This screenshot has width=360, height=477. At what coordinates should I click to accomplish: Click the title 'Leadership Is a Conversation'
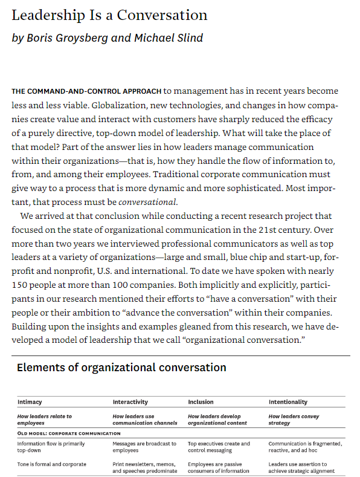pyautogui.click(x=109, y=15)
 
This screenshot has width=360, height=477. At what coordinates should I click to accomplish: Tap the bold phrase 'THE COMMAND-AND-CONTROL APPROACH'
pyautogui.click(x=86, y=91)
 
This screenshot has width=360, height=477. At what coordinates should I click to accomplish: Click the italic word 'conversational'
pyautogui.click(x=148, y=202)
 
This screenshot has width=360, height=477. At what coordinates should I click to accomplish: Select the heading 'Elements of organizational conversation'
pyautogui.click(x=121, y=368)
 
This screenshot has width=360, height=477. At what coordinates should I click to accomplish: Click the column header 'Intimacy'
pyautogui.click(x=30, y=401)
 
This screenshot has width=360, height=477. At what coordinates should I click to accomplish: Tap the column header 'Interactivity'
pyautogui.click(x=131, y=401)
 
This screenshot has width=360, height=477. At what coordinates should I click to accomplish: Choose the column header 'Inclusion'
pyautogui.click(x=201, y=401)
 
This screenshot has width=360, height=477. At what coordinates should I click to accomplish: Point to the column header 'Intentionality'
pyautogui.click(x=288, y=401)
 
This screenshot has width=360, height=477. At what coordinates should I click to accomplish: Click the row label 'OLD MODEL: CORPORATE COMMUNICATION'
pyautogui.click(x=69, y=433)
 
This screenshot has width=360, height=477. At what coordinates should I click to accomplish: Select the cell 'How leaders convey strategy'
pyautogui.click(x=294, y=419)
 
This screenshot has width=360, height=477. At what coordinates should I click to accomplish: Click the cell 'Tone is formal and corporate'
pyautogui.click(x=52, y=464)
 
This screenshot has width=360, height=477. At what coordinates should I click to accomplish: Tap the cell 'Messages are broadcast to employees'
pyautogui.click(x=144, y=447)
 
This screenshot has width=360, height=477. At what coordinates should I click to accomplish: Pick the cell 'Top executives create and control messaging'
pyautogui.click(x=219, y=447)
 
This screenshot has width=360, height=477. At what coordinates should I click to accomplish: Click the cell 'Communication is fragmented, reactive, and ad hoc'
pyautogui.click(x=305, y=447)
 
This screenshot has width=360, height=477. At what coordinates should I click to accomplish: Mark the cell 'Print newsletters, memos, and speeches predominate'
pyautogui.click(x=144, y=467)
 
